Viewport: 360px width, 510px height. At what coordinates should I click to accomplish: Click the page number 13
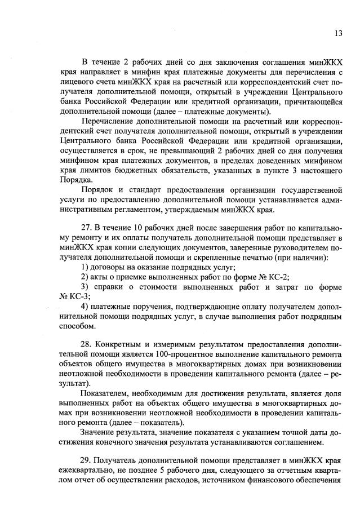[337, 33]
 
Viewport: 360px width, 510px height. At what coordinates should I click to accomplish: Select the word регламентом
[161, 210]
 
